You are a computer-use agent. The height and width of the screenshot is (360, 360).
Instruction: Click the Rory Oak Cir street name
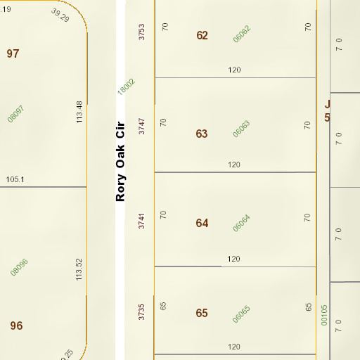pos(120,160)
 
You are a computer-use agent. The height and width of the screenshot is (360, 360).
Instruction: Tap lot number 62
pos(202,35)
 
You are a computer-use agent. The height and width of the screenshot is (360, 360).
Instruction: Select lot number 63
pos(202,133)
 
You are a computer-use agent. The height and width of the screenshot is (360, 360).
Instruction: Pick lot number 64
pos(202,223)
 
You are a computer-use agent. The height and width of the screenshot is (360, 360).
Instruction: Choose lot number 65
pos(202,313)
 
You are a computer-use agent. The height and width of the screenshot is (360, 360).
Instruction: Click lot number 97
pos(13,53)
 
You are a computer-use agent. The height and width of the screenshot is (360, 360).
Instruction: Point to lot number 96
pos(17,326)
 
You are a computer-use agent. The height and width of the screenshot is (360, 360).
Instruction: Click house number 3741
pos(141,221)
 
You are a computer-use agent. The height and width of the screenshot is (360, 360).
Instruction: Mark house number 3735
pos(141,311)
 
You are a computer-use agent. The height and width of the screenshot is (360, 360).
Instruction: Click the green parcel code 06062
pos(242,34)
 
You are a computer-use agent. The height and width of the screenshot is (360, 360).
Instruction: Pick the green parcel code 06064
pos(242,223)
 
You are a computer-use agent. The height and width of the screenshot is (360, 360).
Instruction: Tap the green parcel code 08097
pos(16,113)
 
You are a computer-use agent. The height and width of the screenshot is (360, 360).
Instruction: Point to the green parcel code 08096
pos(19,267)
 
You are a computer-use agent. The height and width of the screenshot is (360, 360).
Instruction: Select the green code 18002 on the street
pos(126,86)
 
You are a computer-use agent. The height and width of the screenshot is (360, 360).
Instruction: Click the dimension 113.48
pos(79,112)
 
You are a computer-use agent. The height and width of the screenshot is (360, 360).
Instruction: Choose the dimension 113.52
pos(79,270)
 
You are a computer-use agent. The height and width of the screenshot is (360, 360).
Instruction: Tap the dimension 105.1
pos(15,179)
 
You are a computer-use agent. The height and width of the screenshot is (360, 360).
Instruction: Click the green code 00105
pos(324,314)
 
